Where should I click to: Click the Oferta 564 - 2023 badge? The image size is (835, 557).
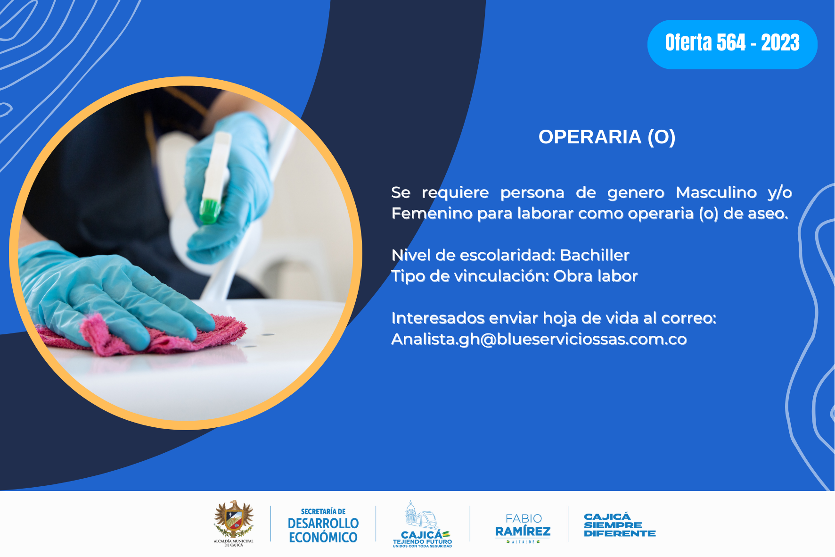coord(732,44)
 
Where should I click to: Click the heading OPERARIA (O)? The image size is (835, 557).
coord(607,137)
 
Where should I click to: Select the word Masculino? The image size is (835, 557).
coord(716,192)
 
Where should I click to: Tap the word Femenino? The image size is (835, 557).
coord(432,213)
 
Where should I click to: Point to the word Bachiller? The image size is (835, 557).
coord(595,255)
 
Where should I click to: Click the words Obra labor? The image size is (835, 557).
coord(596,276)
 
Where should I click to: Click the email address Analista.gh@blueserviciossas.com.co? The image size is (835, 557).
coord(539,339)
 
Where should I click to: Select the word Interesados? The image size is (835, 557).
coord(438,318)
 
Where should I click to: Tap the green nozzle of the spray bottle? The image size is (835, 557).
coord(210,211)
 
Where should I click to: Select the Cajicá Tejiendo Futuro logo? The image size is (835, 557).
coord(422,524)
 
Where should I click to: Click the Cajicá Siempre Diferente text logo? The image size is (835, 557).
coord(620,525)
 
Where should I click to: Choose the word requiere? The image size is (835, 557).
coord(455,193)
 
